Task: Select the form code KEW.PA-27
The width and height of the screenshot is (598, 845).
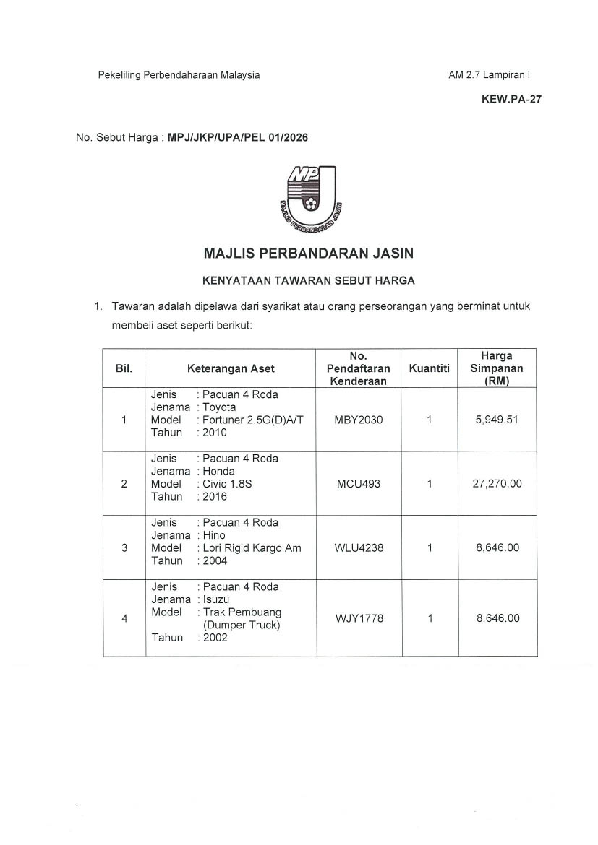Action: pos(511,100)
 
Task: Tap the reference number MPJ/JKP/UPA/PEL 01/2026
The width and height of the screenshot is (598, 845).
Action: pos(238,137)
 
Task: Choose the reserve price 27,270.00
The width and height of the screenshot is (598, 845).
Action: pos(497,484)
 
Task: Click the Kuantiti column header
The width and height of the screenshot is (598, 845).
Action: pos(429,368)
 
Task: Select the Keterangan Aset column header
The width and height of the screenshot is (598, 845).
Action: pos(231,368)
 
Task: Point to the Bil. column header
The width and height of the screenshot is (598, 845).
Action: pos(124,368)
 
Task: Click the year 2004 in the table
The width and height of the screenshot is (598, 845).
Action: pos(215,561)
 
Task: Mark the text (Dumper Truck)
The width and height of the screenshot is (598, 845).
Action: pos(241,625)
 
